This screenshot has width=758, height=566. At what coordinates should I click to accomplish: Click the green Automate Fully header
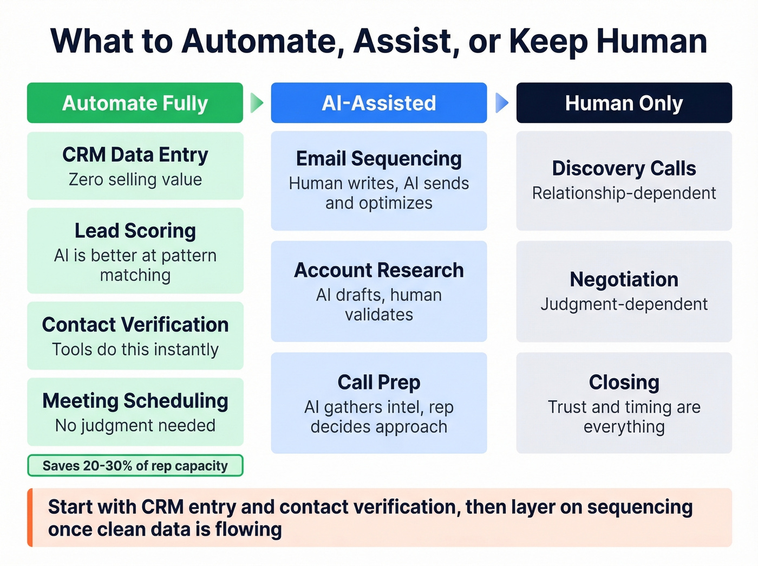point(135,103)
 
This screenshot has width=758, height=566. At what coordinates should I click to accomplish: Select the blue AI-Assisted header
point(378,103)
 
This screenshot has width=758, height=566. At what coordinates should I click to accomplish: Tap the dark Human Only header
point(624,103)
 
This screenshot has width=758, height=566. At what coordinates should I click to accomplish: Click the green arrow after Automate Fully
point(257,102)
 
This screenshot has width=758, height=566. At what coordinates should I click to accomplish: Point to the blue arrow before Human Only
point(502,102)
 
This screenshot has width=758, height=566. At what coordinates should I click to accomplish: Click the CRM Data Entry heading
point(135,155)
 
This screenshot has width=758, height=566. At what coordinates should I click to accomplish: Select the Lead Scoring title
point(135,231)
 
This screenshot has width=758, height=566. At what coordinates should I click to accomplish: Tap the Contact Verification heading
point(135,324)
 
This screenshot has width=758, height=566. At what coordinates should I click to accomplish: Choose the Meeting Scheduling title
point(135,401)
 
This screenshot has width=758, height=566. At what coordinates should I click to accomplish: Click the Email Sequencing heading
point(378,159)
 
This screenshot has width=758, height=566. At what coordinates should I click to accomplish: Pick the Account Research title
point(378,270)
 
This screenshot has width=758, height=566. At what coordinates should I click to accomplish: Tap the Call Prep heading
point(378,382)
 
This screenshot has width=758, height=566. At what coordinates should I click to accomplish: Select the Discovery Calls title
point(624,168)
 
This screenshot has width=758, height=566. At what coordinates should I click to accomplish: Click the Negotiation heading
point(624,279)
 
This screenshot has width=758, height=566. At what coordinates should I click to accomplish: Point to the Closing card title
point(624,382)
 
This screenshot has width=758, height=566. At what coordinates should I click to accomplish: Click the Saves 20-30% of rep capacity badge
point(135,466)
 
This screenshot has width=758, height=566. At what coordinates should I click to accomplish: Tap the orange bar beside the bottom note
point(30,517)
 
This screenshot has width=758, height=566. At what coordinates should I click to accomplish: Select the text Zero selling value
point(135,180)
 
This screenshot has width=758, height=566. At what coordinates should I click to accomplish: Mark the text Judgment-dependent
point(624,304)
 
